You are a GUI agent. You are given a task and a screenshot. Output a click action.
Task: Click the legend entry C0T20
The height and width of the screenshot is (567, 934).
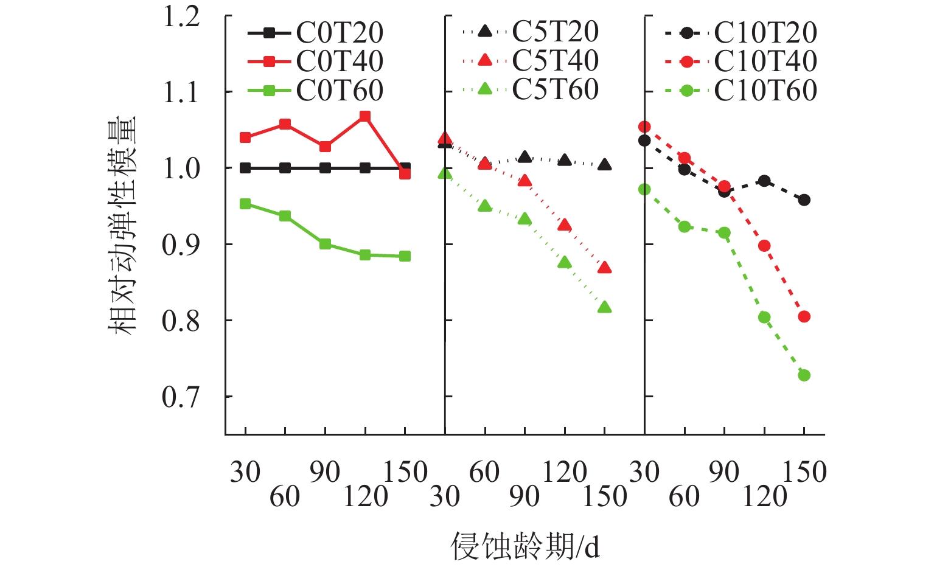[340, 33]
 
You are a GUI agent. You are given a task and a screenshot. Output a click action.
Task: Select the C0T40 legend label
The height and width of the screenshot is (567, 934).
[340, 61]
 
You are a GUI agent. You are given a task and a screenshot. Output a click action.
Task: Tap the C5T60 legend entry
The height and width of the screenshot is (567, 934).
[555, 90]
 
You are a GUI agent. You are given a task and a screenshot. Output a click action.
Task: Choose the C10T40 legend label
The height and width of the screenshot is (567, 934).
[765, 61]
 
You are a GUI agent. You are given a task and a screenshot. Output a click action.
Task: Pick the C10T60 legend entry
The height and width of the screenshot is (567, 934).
[765, 91]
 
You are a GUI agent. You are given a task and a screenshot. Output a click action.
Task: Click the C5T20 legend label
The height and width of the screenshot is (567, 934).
[555, 32]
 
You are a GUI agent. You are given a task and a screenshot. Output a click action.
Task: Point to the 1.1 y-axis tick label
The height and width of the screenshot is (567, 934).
[181, 92]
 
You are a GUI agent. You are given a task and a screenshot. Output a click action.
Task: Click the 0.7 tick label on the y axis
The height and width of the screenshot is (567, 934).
[181, 397]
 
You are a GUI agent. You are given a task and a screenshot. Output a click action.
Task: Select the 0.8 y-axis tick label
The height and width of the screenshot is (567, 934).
[181, 321]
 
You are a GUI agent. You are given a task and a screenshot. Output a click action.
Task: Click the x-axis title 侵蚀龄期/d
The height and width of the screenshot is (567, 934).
[525, 546]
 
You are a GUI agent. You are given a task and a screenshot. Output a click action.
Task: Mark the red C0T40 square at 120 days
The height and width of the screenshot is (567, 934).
[365, 116]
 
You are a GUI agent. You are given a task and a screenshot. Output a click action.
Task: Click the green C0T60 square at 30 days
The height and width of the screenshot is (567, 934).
[245, 204]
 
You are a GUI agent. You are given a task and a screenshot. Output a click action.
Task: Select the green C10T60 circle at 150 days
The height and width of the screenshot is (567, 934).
[804, 375]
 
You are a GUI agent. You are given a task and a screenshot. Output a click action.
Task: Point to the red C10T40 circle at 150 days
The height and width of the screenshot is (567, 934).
[804, 316]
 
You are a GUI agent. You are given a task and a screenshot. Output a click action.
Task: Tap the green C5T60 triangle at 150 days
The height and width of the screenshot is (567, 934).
[604, 307]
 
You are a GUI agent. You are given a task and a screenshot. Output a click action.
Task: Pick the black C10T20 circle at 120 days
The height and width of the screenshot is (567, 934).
[764, 181]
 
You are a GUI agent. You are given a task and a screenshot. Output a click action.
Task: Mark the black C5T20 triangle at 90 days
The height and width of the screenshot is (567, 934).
[525, 158]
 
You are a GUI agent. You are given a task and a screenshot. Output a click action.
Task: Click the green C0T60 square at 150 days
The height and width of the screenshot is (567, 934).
[405, 256]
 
